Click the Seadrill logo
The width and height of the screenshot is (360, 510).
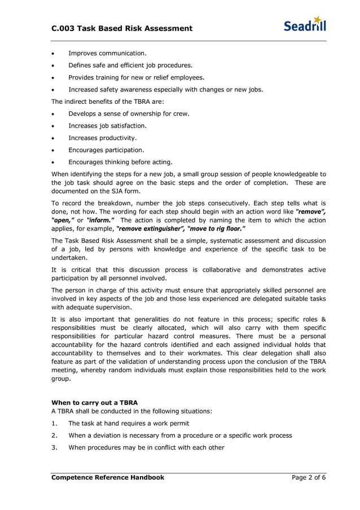(304, 25)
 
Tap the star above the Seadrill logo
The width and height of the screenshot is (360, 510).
(318, 19)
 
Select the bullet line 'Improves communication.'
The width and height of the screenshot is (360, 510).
(107, 53)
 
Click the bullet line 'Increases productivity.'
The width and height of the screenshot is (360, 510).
(103, 138)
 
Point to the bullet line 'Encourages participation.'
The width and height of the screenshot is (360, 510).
(106, 150)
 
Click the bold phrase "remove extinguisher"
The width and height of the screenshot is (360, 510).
(148, 229)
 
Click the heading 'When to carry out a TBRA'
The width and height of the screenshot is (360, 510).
(94, 403)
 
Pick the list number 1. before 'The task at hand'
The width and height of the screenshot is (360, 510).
(54, 423)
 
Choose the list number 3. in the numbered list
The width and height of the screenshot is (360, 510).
(54, 447)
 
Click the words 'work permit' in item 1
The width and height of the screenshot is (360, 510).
(169, 423)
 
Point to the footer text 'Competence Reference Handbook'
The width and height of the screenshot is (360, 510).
(108, 477)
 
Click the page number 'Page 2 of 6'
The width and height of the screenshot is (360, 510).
(309, 477)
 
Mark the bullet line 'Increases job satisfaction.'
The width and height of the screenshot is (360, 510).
(107, 126)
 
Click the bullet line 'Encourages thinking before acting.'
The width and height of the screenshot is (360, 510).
(120, 162)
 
